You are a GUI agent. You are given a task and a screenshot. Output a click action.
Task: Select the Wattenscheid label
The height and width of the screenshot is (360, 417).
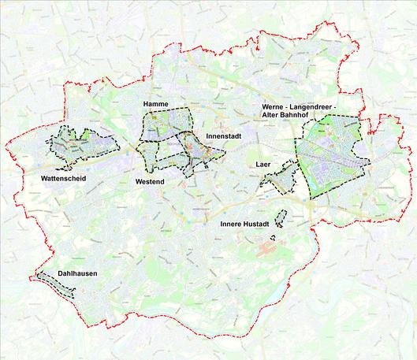pos(63,179)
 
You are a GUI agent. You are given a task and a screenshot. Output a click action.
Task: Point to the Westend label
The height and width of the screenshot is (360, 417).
pos(149,182)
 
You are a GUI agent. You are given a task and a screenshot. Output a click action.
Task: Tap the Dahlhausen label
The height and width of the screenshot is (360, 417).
pos(77,274)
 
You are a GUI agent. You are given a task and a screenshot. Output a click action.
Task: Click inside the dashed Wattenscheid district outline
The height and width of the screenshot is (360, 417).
pos(79,144)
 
